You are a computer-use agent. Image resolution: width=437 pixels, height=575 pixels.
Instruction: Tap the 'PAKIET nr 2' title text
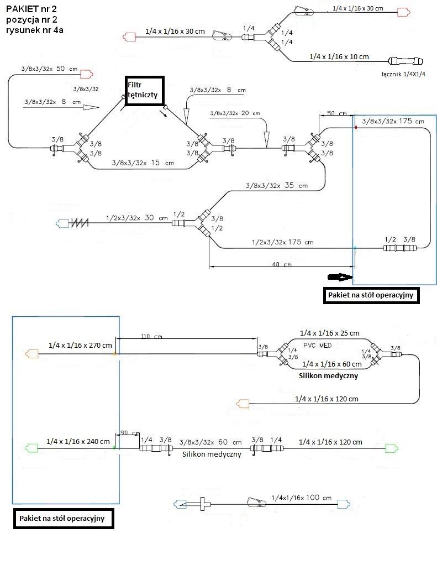[30, 8]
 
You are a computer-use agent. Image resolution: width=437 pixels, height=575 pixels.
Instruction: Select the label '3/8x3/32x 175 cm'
[392, 121]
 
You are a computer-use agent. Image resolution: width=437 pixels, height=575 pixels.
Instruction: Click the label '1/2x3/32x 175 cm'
[282, 242]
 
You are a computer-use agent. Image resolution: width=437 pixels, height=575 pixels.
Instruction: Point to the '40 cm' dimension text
[282, 265]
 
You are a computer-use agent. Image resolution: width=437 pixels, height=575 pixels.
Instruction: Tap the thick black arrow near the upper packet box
[339, 276]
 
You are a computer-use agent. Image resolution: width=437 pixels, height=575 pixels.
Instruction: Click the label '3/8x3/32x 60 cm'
[210, 442]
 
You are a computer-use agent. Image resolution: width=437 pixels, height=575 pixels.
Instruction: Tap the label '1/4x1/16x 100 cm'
[302, 498]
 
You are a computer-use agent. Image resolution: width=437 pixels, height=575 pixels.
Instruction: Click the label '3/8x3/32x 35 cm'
[276, 186]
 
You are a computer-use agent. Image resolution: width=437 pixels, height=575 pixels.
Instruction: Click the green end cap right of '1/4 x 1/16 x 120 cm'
[392, 447]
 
